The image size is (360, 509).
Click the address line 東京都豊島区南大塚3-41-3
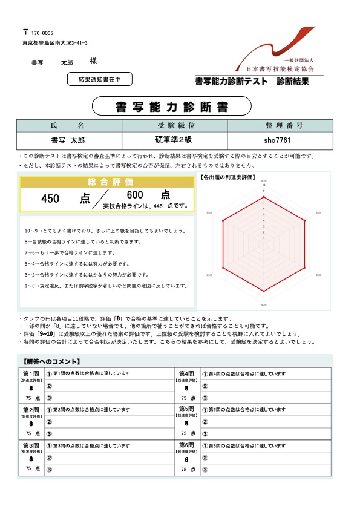click(x=55, y=43)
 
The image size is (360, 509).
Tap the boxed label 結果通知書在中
click(x=99, y=79)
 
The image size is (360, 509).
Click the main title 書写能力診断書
click(x=172, y=107)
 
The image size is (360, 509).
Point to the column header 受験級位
click(x=175, y=125)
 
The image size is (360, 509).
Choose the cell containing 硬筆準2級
click(x=175, y=140)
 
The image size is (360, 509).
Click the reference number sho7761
click(x=279, y=140)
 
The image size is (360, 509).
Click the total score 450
click(x=50, y=198)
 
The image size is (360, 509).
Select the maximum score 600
click(x=135, y=195)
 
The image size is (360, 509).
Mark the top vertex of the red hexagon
click(x=264, y=197)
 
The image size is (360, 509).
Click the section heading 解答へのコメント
click(x=48, y=361)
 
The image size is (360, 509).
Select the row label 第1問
click(x=30, y=373)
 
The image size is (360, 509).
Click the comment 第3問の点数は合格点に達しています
click(x=91, y=445)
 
